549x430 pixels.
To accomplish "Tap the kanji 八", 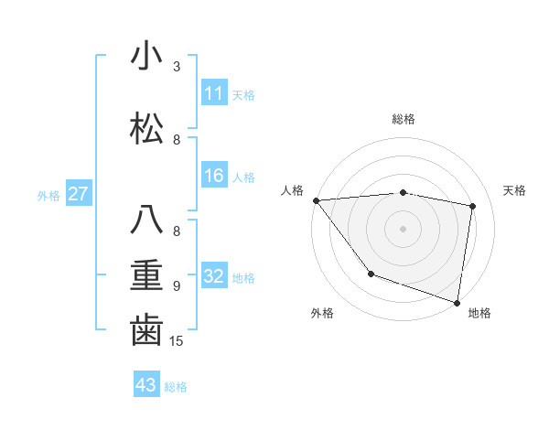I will pos(146,220).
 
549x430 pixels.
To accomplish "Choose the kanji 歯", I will pos(146,330).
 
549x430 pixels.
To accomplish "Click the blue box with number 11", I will pos(213,93).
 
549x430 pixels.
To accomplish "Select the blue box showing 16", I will pos(213,176).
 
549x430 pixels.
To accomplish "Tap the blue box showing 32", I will pos(213,276).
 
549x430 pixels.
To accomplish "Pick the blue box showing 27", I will pos(79,194).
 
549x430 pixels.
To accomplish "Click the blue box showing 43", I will pos(146,385).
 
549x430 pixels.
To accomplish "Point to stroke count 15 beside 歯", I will pos(178,341).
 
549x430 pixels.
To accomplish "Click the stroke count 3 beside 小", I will pos(177,66).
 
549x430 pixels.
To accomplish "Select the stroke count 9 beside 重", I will pos(177,285).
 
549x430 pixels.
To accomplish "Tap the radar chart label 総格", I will pos(404,119).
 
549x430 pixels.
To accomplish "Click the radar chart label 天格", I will pos(515,190).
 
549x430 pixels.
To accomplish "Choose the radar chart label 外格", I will pos(322,313).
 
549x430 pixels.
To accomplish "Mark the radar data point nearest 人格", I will pos(316,200).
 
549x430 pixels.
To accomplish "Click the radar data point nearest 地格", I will pos(457,301).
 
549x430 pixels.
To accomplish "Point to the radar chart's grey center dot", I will pos(404,228).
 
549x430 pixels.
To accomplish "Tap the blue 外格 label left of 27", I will pos(48,195).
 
